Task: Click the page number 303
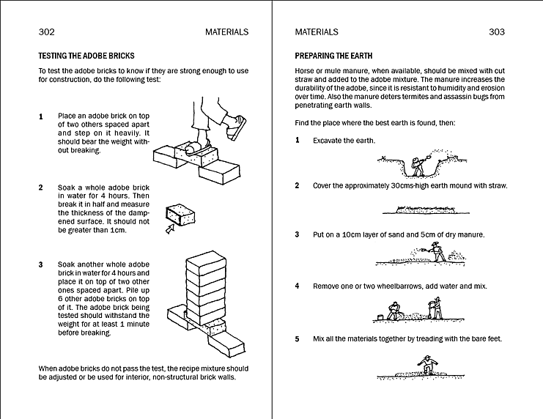click(x=496, y=32)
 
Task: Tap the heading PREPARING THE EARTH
click(x=333, y=56)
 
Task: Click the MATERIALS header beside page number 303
click(x=317, y=32)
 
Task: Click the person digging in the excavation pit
click(x=418, y=166)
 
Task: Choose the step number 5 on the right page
click(x=297, y=339)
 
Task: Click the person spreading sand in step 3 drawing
click(x=438, y=253)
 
